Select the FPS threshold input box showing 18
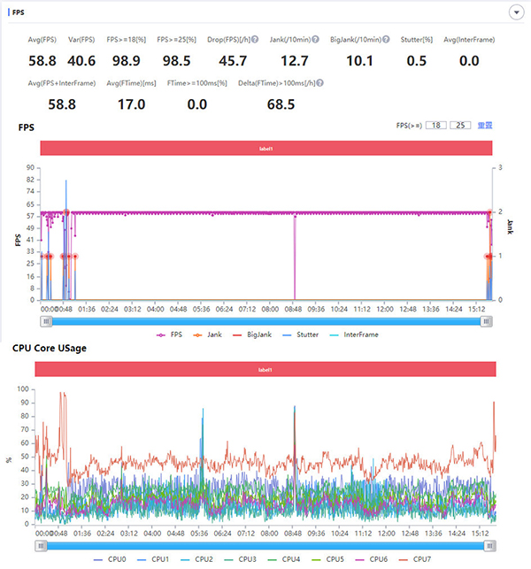click(x=435, y=127)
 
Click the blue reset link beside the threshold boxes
click(x=485, y=127)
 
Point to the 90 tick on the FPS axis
click(x=30, y=167)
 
